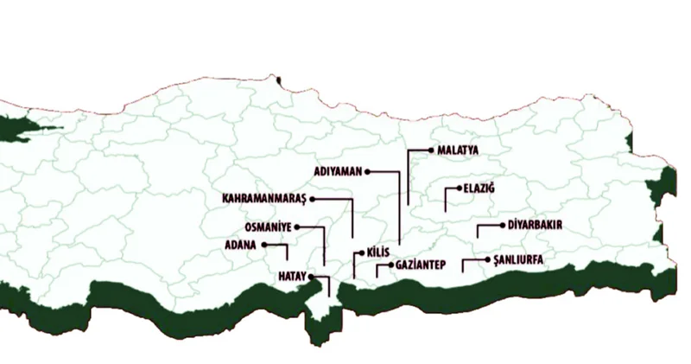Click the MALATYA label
coord(458,150)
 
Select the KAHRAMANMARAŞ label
coord(264,199)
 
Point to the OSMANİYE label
coord(269,227)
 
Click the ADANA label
coord(240,246)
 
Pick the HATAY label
coord(292,276)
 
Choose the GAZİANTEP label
coord(420,265)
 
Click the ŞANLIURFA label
coord(518,259)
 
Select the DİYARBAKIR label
coord(536,225)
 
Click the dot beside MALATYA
coord(431,150)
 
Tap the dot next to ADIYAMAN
coord(367,172)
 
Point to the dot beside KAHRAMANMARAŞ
coord(313,199)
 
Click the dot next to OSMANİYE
coord(297,227)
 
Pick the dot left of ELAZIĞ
coord(458,188)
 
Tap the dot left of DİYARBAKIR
coord(502,225)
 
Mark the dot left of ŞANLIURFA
coord(488,259)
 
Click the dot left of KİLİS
coord(360,252)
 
